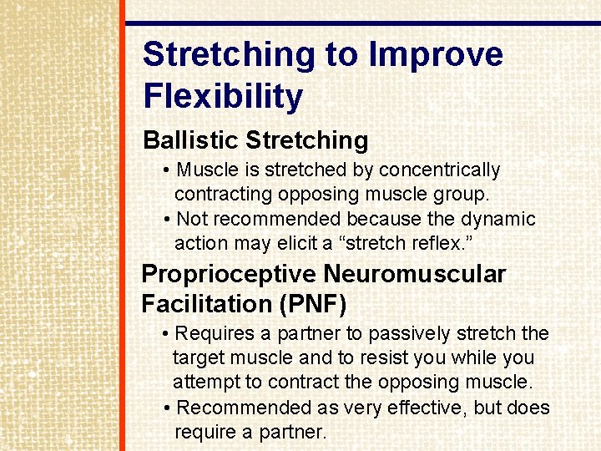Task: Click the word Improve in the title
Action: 436,55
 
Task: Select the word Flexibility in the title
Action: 223,97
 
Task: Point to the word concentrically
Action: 439,170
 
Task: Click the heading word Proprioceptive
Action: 230,275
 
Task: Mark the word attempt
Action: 205,383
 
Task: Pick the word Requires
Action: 215,334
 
